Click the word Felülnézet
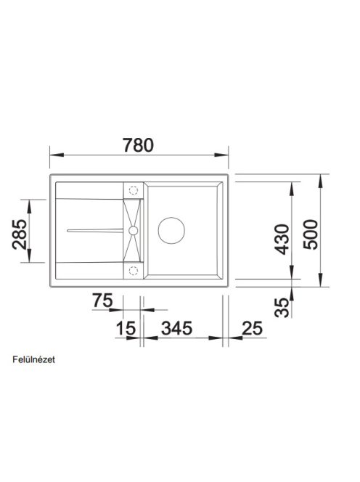34,359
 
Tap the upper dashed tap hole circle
133,190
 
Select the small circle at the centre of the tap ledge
133,230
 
